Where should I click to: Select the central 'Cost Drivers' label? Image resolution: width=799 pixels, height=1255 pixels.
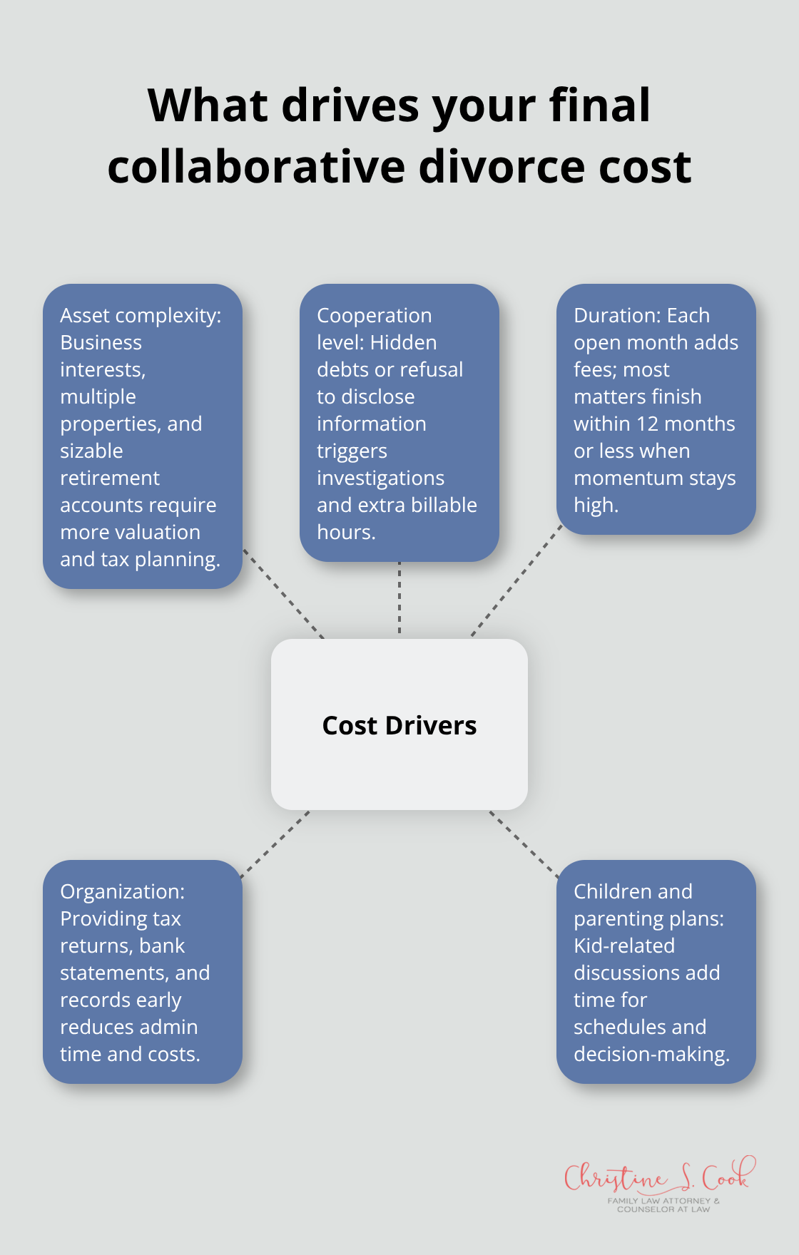click(x=399, y=725)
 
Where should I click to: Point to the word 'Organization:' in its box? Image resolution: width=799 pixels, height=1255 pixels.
click(x=122, y=891)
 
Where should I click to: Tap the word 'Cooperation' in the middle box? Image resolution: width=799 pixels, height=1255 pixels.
click(x=374, y=315)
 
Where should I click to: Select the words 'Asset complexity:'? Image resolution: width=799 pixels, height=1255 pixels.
click(x=141, y=315)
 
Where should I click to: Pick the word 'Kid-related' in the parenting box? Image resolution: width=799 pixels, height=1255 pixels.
click(x=624, y=946)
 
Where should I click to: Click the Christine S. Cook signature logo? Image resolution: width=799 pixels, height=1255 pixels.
click(x=657, y=1177)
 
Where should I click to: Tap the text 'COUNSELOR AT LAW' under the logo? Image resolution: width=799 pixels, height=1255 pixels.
click(x=663, y=1209)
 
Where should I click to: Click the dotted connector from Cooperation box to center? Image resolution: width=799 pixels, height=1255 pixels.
click(x=399, y=599)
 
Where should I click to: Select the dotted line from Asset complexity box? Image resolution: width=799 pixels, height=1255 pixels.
click(x=284, y=593)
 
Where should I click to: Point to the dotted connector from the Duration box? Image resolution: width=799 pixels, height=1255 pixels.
click(x=516, y=580)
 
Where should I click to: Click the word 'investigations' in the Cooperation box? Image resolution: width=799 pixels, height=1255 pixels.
click(x=380, y=478)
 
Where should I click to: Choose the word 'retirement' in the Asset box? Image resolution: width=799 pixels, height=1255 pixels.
click(x=110, y=478)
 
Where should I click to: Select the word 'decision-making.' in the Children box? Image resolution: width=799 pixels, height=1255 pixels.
click(x=651, y=1054)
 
